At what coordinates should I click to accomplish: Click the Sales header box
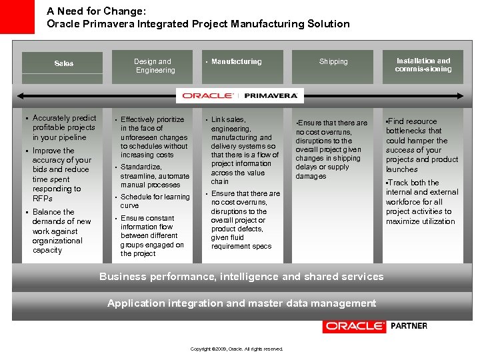pos(63,63)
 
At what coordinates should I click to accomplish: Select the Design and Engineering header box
pos(155,65)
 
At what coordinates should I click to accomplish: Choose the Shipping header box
pos(333,62)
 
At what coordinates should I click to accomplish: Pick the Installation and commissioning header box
pos(423,65)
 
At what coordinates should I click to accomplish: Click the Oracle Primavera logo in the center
pos(241,95)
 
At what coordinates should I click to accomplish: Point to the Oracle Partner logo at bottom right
pos(375,326)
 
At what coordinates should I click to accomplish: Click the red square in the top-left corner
pos(17,17)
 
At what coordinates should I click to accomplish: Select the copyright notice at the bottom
pos(237,349)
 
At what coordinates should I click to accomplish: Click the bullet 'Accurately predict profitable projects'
pos(64,127)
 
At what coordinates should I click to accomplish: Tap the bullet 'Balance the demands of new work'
pos(61,231)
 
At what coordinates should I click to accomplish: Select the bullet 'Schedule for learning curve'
pos(155,201)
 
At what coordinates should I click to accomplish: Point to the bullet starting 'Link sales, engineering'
pos(243,150)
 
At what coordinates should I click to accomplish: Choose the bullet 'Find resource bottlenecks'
pos(422,145)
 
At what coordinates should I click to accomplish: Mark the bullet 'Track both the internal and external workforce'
pos(422,202)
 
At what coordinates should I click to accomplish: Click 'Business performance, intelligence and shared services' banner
pos(241,277)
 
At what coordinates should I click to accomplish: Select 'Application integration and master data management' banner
pos(241,303)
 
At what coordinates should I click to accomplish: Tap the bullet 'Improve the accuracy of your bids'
pos(61,175)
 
